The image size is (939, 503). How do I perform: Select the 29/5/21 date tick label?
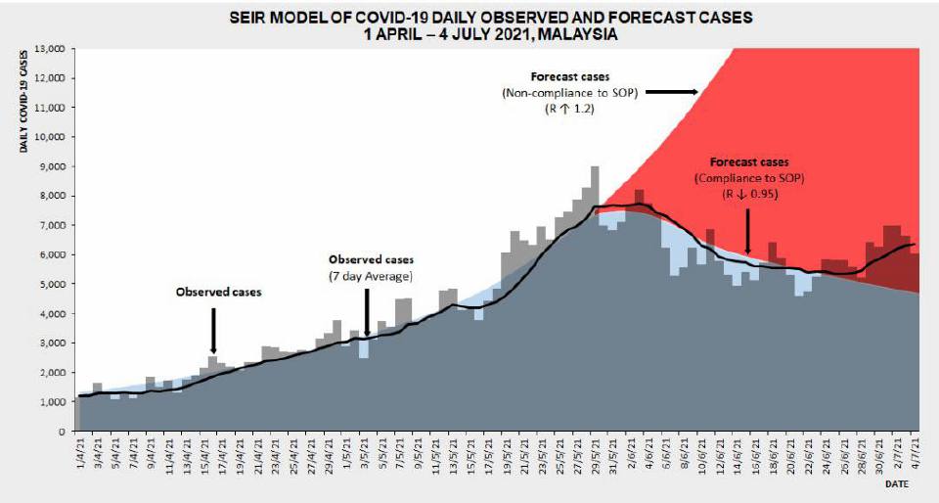pos(595,455)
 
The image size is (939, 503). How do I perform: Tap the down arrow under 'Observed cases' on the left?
pos(213,329)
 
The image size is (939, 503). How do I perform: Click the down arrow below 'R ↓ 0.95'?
pos(748,230)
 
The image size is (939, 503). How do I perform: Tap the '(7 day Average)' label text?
pos(371,276)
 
